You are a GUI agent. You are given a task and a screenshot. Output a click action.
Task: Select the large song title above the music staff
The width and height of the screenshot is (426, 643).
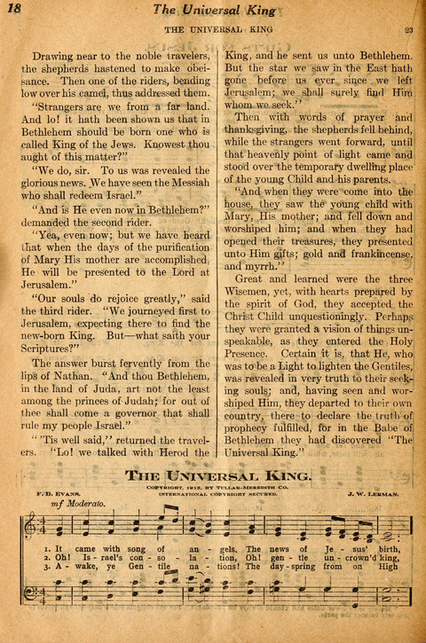218,475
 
